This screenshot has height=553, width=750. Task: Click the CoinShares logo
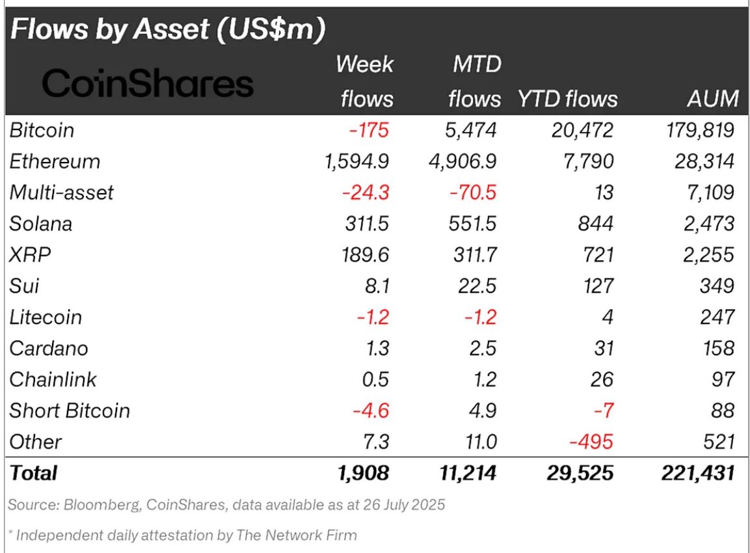click(148, 85)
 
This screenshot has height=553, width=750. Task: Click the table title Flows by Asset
click(168, 31)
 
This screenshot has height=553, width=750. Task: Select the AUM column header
click(712, 98)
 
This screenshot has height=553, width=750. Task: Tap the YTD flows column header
click(567, 98)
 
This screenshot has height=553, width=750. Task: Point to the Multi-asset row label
click(62, 193)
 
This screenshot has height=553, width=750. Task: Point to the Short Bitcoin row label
click(70, 411)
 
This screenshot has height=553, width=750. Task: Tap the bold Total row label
click(33, 473)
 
